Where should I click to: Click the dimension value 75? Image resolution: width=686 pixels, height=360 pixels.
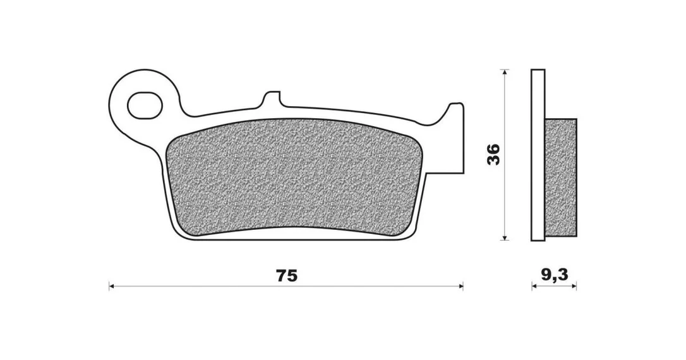coord(287,275)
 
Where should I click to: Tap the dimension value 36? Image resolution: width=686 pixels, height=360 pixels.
coord(493,154)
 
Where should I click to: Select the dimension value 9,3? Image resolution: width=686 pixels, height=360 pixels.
coord(554,275)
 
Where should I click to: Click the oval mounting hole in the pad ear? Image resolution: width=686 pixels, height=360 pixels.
coord(145,105)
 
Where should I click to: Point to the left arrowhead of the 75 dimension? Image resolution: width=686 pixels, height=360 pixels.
coord(112,287)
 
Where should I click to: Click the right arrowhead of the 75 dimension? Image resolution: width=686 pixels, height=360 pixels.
coord(460,287)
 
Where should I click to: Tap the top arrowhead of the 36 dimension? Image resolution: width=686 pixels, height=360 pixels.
coord(505,72)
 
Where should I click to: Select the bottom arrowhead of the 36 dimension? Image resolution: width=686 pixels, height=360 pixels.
coord(505,237)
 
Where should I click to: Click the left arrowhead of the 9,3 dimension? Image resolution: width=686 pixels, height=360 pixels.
coord(534,287)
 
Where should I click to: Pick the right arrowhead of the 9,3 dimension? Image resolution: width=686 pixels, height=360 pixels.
coord(574,287)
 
